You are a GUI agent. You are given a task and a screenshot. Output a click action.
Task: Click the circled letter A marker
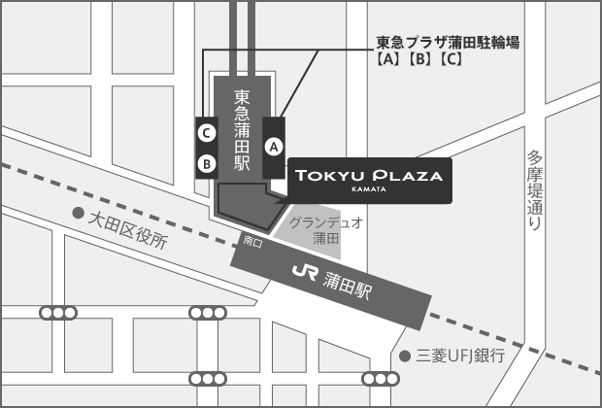point(274,147)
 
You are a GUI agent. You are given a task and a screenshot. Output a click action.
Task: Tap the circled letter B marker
point(206,163)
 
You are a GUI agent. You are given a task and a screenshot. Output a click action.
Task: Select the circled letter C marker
point(206,131)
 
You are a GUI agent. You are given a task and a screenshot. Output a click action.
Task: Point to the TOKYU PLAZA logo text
point(369,176)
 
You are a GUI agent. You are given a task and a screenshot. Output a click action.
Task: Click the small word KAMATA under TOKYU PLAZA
point(369,189)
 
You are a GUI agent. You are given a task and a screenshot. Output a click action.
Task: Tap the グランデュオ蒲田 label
point(325,229)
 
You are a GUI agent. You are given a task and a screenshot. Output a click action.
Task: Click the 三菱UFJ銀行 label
point(460,356)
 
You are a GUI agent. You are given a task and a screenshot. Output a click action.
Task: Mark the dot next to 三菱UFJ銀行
point(405,356)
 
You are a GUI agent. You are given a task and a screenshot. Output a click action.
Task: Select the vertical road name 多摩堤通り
point(534,188)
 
